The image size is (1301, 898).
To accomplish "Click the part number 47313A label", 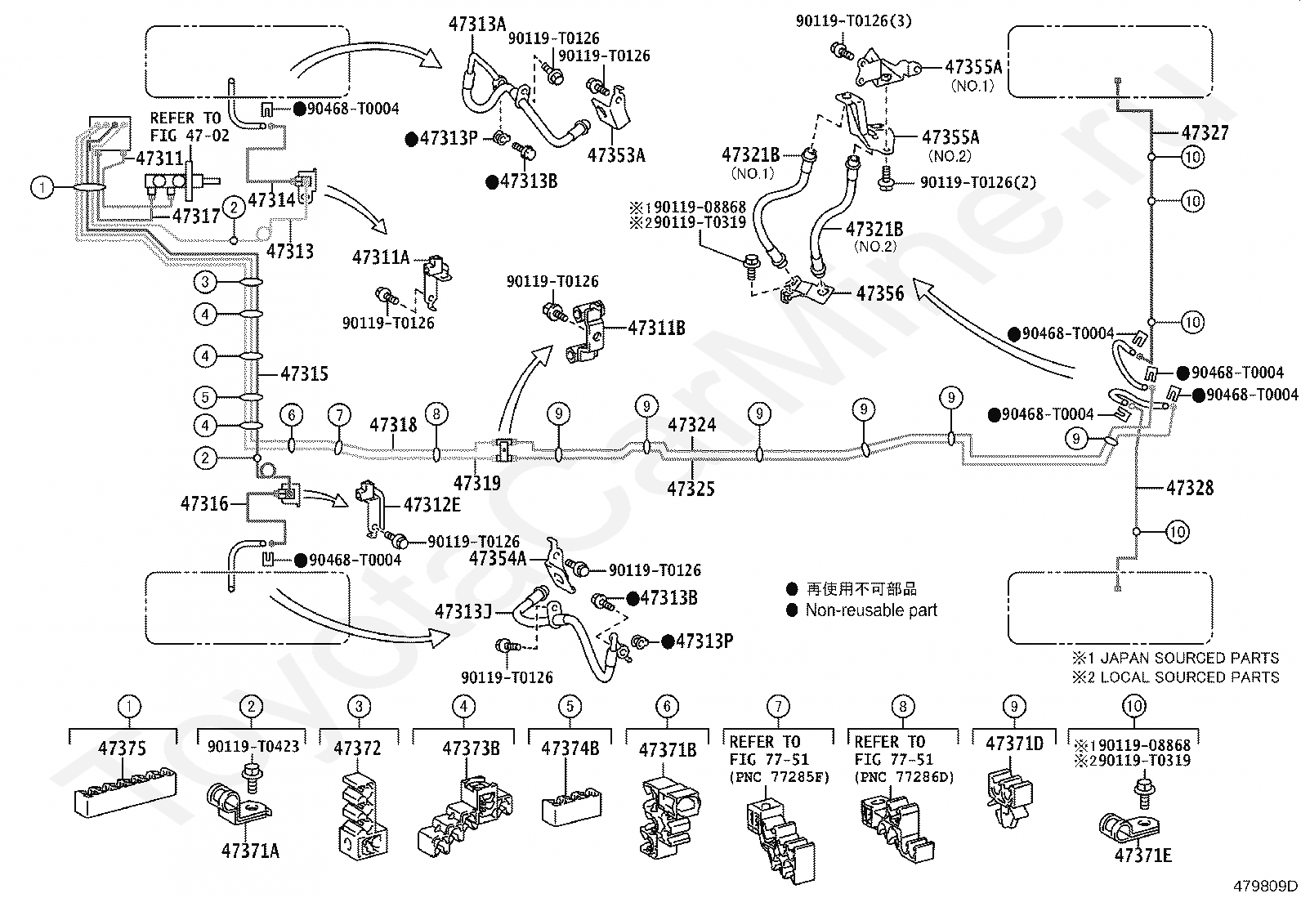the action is [x=476, y=25].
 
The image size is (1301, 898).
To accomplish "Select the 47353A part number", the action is [x=616, y=155].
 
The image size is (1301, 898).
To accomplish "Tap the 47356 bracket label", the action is [x=880, y=293].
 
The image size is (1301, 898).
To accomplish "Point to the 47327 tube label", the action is [x=1205, y=133].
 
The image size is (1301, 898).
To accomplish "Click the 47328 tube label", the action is [x=1190, y=488].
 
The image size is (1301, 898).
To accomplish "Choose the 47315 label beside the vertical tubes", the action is [x=304, y=373].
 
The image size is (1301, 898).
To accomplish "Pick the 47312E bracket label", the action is [x=432, y=505].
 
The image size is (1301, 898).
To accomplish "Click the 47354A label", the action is [x=497, y=558].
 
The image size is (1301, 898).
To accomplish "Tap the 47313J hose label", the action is [x=463, y=611].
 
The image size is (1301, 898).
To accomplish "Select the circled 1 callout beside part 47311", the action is [x=42, y=188].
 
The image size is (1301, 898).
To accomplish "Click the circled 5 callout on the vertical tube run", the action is [x=205, y=397].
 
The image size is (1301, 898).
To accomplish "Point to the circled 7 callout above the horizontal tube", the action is [x=340, y=415].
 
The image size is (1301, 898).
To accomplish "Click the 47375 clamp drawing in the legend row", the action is [x=125, y=793].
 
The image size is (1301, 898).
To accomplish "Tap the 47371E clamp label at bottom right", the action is [x=1143, y=855].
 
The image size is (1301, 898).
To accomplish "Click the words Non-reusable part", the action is [x=871, y=610].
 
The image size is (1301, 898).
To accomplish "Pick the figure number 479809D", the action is [x=1265, y=886].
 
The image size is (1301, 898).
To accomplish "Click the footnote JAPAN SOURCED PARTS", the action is [x=1190, y=658].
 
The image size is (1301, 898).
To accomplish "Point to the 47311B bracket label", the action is [x=656, y=328].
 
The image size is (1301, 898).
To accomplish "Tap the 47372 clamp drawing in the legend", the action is [x=362, y=816].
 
